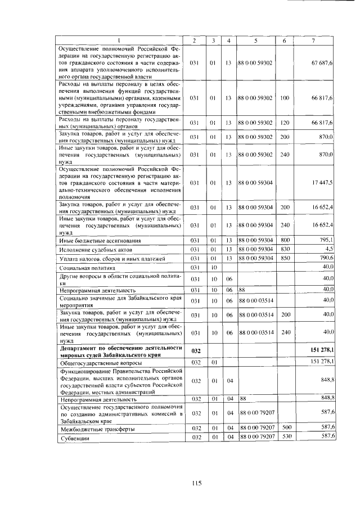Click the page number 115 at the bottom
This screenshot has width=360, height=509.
[x=196, y=482]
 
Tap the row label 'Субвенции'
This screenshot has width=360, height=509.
[x=71, y=437]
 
